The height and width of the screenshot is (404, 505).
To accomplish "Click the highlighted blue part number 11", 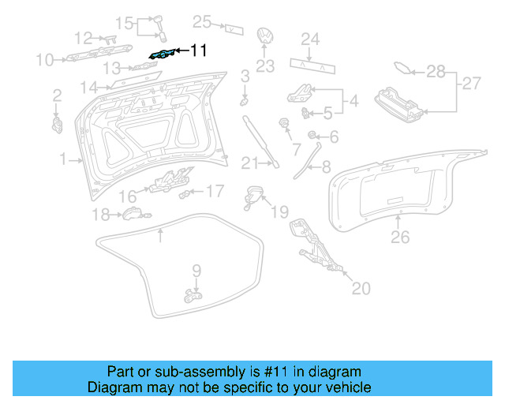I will pyautogui.click(x=161, y=54).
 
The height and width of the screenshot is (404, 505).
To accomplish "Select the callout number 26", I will pyautogui.click(x=401, y=236).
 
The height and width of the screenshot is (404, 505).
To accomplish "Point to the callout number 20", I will pyautogui.click(x=360, y=289).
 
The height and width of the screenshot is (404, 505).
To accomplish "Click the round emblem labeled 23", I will pyautogui.click(x=265, y=38).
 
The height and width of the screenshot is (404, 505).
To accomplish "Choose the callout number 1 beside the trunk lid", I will pyautogui.click(x=63, y=160).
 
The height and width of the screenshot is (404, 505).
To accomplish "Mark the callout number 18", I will pyautogui.click(x=100, y=215).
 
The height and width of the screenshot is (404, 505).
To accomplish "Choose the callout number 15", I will pyautogui.click(x=125, y=21).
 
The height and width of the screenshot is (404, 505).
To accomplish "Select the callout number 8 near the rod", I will pyautogui.click(x=325, y=166).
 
